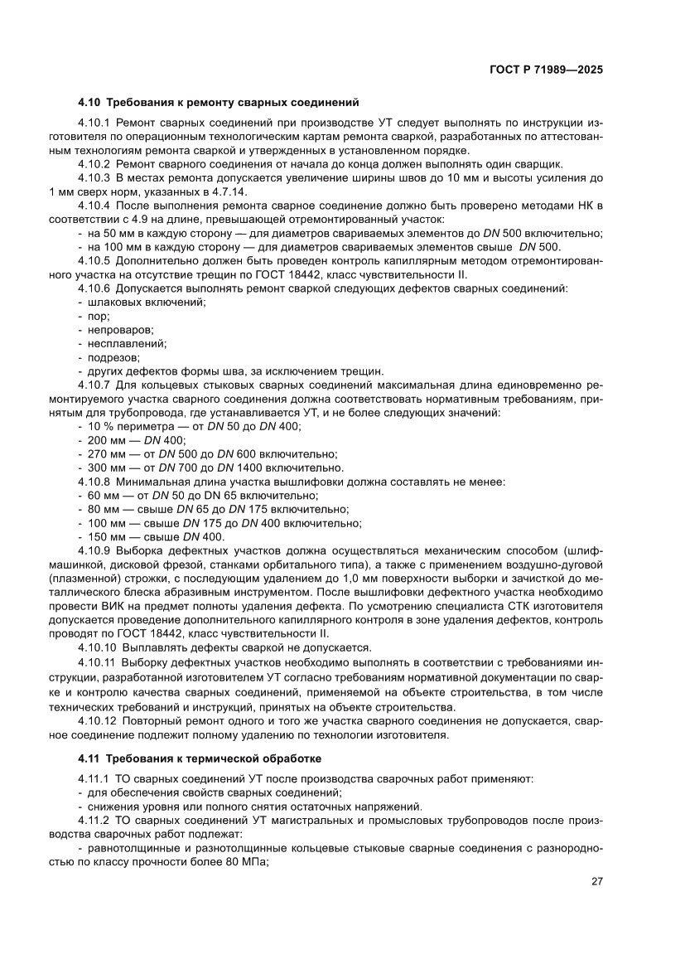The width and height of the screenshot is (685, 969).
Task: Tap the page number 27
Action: pos(596,881)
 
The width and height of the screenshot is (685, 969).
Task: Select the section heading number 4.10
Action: pos(89,103)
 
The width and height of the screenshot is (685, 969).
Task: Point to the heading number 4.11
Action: pos(89,758)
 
